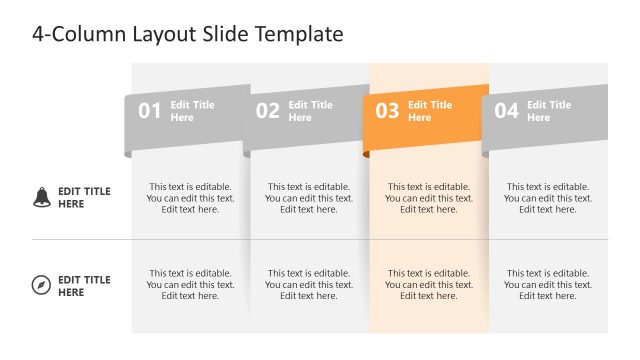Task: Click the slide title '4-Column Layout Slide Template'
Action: (188, 34)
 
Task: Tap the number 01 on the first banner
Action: (149, 111)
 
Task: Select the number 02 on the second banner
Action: (268, 111)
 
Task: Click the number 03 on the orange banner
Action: (387, 111)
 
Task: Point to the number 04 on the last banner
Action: (506, 111)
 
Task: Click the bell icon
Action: (41, 197)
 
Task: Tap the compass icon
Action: (41, 286)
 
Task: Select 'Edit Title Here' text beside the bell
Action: (84, 198)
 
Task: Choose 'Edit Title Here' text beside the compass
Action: (84, 286)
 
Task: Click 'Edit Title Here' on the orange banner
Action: (430, 111)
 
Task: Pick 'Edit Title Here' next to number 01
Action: (192, 111)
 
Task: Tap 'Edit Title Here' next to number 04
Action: (549, 111)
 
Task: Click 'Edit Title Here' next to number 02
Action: (311, 111)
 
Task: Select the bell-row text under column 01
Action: (190, 198)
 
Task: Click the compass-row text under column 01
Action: (190, 285)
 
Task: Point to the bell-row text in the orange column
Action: (429, 198)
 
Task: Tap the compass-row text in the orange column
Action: (429, 285)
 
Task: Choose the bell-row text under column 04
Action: (548, 198)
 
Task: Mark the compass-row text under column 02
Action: (309, 285)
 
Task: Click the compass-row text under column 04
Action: (548, 285)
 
